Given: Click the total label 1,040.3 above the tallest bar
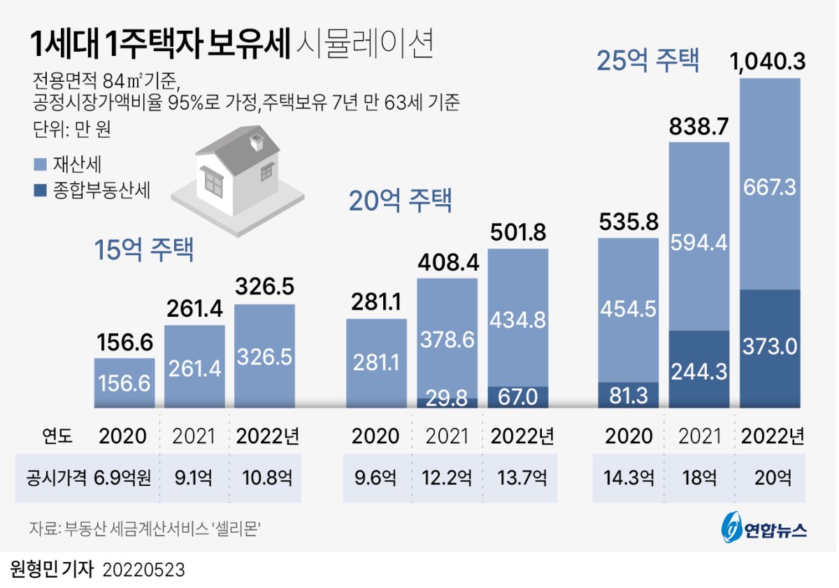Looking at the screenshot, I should [769, 63].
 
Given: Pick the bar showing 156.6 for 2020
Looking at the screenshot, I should [124, 382].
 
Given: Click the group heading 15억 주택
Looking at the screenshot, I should [144, 250].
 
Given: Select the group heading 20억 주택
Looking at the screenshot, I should [401, 201].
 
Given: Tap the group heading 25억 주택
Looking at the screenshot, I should [647, 61].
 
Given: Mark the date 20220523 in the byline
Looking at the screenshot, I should [144, 570].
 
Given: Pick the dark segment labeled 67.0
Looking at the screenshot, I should [517, 397].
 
